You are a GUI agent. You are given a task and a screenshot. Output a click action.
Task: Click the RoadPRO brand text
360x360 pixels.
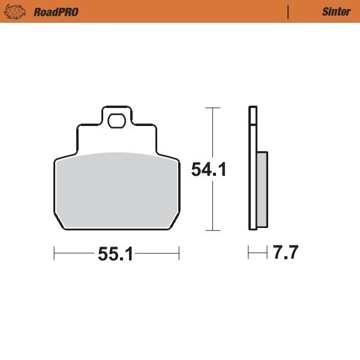[x=56, y=12]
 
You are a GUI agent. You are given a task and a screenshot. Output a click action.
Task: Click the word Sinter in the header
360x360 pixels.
[x=336, y=12]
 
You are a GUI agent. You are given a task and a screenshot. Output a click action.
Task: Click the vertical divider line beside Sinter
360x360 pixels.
[x=289, y=11]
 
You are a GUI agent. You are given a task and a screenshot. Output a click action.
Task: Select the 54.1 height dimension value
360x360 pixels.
[x=208, y=170]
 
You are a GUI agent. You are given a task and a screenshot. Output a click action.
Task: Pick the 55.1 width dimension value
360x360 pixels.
[x=115, y=254]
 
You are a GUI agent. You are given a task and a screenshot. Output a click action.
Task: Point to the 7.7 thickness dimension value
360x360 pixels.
[x=285, y=253]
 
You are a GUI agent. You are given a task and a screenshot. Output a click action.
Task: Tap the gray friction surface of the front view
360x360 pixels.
[x=116, y=189]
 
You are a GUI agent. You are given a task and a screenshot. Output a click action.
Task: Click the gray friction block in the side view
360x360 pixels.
[x=262, y=189]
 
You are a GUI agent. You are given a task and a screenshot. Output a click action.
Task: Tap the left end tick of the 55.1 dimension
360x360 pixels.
[x=54, y=254]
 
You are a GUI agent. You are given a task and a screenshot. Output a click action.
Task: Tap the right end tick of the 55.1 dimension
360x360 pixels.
[x=179, y=254]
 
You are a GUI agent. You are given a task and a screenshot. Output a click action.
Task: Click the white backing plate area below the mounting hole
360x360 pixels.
[x=116, y=141]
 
